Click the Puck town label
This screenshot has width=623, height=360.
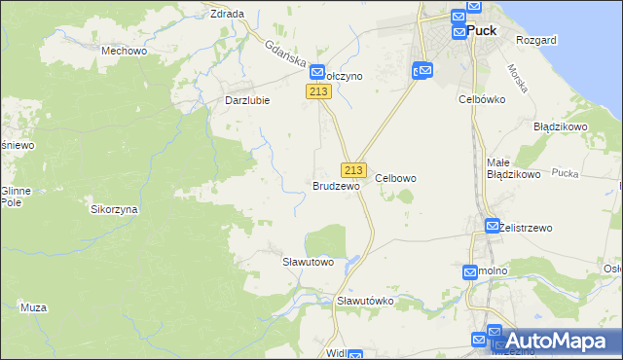pyautogui.click(x=482, y=30)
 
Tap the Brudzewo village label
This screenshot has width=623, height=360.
pyautogui.click(x=336, y=185)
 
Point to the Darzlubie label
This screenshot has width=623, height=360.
pyautogui.click(x=246, y=99)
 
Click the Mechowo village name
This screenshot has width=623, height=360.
pyautogui.click(x=124, y=51)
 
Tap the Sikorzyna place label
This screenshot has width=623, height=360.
pyautogui.click(x=114, y=209)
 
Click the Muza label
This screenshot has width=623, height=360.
pyautogui.click(x=33, y=307)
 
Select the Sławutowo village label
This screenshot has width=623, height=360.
pyautogui.click(x=308, y=262)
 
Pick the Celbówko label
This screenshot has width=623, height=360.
pyautogui.click(x=479, y=98)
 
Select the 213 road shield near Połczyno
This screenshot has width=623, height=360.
pyautogui.click(x=319, y=91)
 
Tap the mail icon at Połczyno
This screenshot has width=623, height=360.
pyautogui.click(x=317, y=72)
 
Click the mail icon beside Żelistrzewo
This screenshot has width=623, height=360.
pyautogui.click(x=493, y=226)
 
